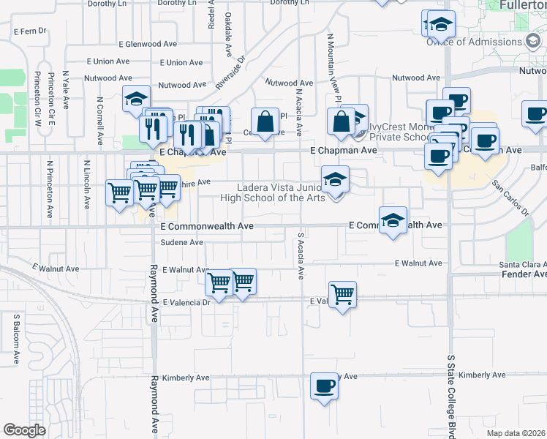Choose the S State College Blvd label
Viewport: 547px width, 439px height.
(x=450, y=391)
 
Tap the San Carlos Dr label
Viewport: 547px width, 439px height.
(x=510, y=198)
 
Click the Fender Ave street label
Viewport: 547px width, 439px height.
(x=524, y=274)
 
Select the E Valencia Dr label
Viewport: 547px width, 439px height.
(x=186, y=301)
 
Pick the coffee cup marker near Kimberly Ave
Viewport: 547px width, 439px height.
(x=323, y=386)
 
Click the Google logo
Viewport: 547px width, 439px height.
(x=24, y=430)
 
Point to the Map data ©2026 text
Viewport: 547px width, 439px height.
(x=516, y=433)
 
